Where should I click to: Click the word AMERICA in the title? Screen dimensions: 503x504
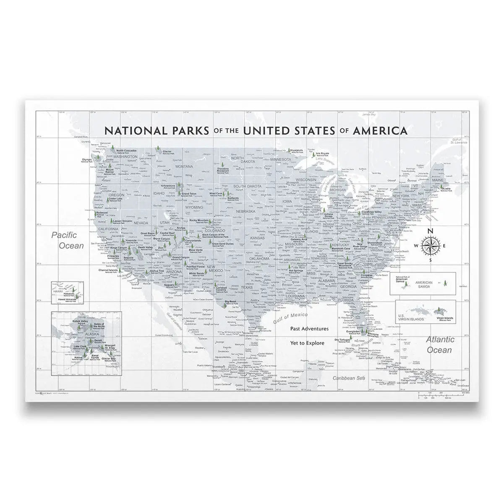380,130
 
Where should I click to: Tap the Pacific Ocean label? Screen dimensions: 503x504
67,241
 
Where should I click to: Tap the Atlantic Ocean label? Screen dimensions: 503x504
439,345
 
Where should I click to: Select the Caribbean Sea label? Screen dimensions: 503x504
347,378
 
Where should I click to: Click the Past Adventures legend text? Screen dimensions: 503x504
309,329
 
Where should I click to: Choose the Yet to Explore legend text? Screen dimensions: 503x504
307,343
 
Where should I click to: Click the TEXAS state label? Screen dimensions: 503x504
247,288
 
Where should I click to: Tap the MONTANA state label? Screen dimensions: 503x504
184,166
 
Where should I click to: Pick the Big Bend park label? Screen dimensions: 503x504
230,301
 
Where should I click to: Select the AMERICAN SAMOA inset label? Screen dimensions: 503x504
424,283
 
